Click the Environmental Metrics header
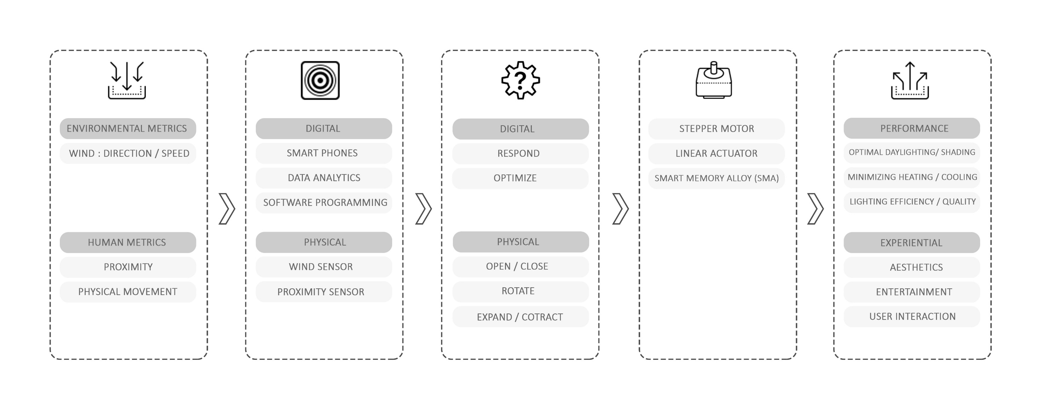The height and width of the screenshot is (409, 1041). point(128,129)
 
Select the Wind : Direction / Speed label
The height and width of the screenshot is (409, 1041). point(129,154)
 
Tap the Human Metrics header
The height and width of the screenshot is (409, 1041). point(128,243)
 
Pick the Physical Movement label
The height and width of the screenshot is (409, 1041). point(128,292)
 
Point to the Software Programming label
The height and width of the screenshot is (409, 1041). point(324,203)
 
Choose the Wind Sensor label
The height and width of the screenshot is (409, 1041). point(321,267)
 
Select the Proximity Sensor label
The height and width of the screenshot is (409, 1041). point(321,292)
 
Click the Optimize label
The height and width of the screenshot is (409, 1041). point(515,178)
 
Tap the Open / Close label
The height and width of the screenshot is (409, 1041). point(517,266)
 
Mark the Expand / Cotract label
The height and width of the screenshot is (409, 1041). point(520,317)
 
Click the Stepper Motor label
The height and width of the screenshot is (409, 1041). point(717,129)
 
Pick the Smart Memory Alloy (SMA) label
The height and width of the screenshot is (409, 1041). point(717,178)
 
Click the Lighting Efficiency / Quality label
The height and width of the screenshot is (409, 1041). point(912,202)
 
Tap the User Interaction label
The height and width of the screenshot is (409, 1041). point(912,317)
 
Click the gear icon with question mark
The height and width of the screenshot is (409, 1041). point(520,80)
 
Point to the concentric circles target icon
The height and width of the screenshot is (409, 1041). point(320,80)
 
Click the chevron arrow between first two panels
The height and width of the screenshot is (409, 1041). point(227,209)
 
